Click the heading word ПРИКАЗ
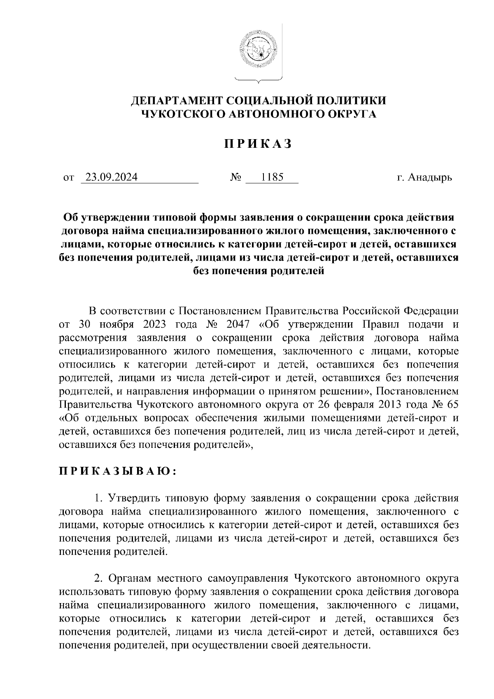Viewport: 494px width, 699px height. coord(258,144)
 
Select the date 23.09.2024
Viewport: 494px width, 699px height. coord(110,177)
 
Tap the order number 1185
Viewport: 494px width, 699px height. coord(272,177)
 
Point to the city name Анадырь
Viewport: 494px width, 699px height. coord(431,178)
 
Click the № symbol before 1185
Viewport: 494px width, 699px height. coord(235,178)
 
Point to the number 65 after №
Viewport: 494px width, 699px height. coord(452,404)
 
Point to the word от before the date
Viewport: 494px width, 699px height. coord(68,178)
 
